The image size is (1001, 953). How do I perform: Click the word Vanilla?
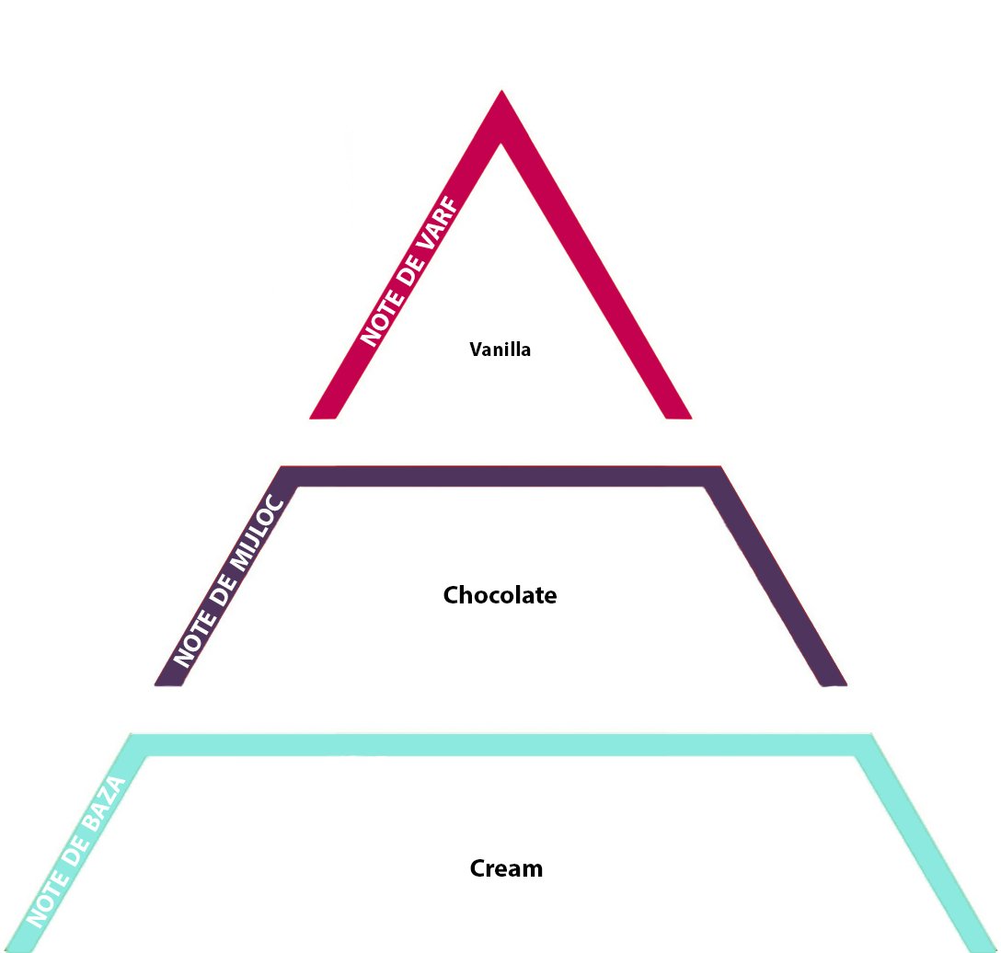(x=500, y=350)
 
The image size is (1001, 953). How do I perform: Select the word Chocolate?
(x=500, y=595)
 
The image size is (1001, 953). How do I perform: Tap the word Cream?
(x=506, y=868)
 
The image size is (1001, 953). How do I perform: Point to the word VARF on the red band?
(x=438, y=226)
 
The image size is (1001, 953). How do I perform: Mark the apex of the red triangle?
(x=501, y=90)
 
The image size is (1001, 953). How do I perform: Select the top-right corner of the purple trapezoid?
(x=720, y=466)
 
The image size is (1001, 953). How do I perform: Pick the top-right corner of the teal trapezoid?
(x=871, y=735)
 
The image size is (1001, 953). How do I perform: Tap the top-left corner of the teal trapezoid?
(x=131, y=735)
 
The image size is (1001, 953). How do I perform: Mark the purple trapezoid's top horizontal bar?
(x=501, y=476)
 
